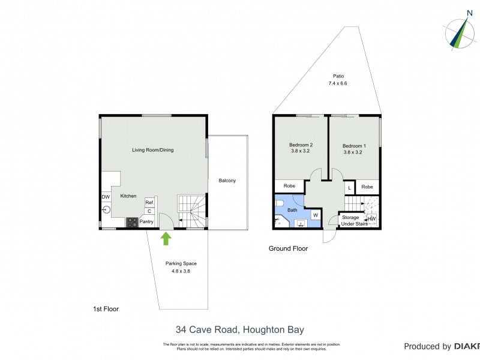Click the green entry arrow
(x=166, y=239)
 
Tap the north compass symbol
(x=461, y=32)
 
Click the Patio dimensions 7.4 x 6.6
(x=338, y=83)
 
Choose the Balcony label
(x=227, y=181)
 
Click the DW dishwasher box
(x=106, y=197)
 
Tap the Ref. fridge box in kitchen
(x=149, y=203)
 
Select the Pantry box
(x=146, y=222)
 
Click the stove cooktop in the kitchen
(x=131, y=222)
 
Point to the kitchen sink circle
(x=106, y=209)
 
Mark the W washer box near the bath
(x=315, y=215)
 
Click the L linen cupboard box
(x=349, y=188)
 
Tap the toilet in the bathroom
(x=280, y=203)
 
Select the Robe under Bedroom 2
(x=289, y=187)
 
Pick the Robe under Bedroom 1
(x=367, y=187)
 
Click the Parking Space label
(x=181, y=263)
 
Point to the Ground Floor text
(x=287, y=248)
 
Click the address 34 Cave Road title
(x=239, y=329)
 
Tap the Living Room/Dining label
(x=153, y=150)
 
